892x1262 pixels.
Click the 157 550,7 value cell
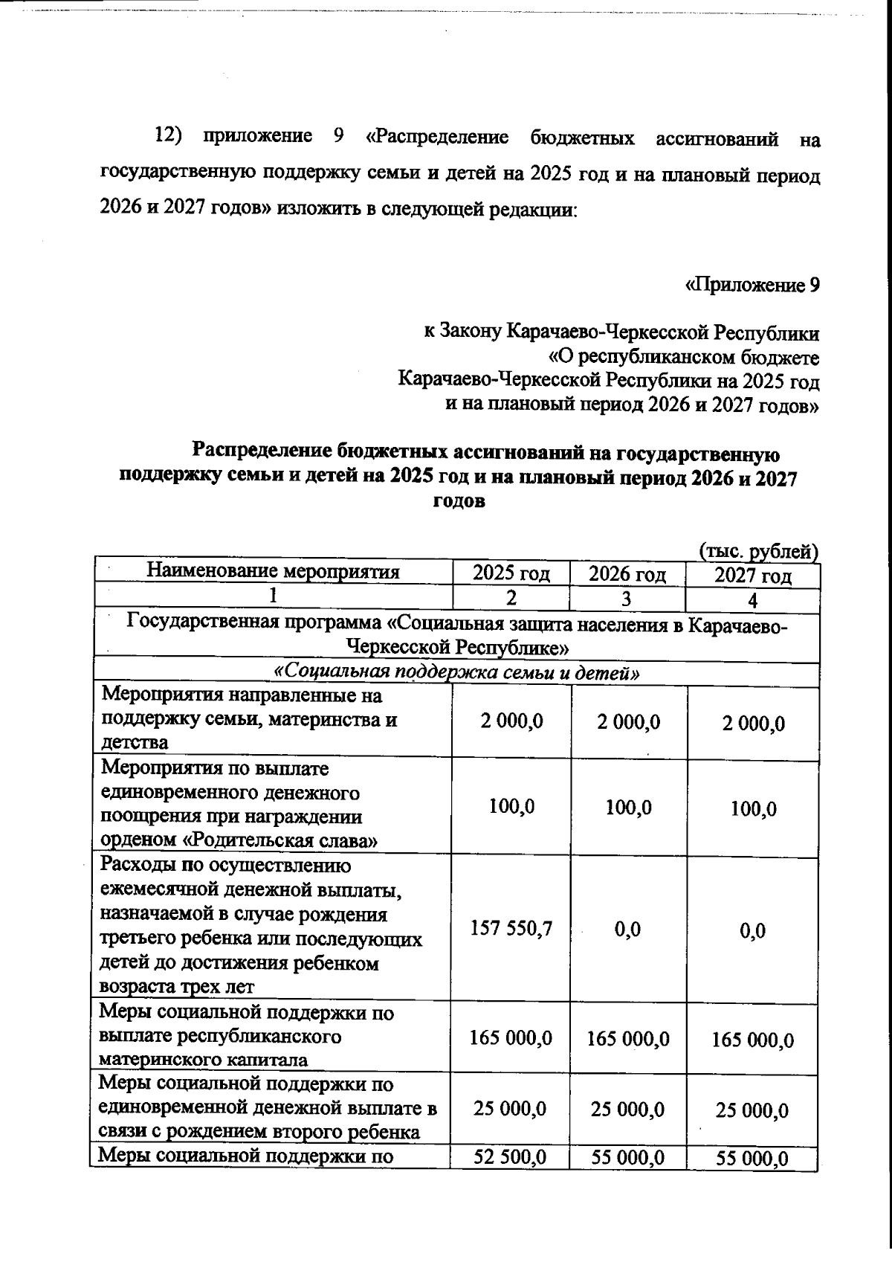click(x=511, y=927)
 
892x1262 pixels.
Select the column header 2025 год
click(x=511, y=573)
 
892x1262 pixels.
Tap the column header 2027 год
click(x=753, y=576)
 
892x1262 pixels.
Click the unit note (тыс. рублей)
click(x=759, y=551)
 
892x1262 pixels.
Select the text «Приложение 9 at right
click(x=752, y=286)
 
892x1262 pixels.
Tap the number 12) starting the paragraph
click(x=169, y=137)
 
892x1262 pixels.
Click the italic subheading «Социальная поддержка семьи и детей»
click(x=457, y=673)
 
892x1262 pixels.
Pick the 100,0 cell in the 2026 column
click(x=629, y=808)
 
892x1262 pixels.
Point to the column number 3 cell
click(x=627, y=599)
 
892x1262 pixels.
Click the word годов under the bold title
click(x=459, y=501)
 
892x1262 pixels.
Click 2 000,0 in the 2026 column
click(x=629, y=722)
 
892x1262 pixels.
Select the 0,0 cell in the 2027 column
click(x=752, y=930)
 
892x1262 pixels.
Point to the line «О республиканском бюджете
click(x=683, y=358)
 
